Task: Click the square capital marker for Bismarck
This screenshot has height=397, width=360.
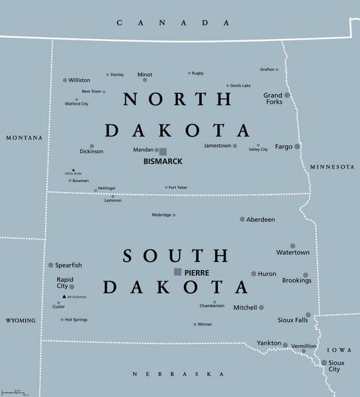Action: pos(163,151)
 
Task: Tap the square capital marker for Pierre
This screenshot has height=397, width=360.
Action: pos(177,272)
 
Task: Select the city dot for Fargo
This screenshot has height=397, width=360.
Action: pos(297,146)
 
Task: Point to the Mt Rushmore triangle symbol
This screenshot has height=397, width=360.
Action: pos(64,296)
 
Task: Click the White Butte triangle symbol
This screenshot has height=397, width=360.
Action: pos(73,169)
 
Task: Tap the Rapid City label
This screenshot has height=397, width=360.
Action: pos(65,283)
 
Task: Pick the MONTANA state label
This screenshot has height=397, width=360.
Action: pos(24,138)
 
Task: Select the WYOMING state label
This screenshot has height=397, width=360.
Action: pos(21,320)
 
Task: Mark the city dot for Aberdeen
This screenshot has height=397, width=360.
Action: pos(242,219)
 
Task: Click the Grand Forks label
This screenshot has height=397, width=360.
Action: pos(273,99)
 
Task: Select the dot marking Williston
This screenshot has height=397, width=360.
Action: pos(65,80)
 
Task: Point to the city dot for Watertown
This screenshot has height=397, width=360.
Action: pos(292,245)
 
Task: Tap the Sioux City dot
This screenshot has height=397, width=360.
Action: pos(324,363)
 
